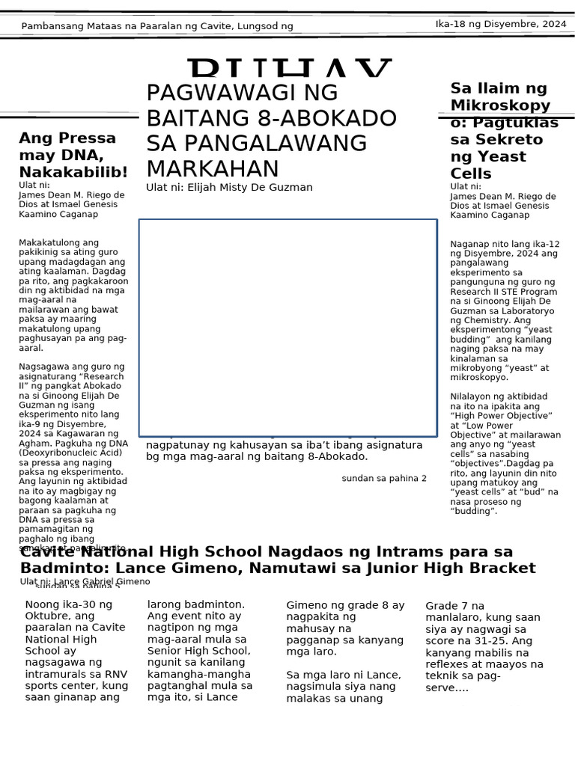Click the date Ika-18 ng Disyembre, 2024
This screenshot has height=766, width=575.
[x=501, y=24]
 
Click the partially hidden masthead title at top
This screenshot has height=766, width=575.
[x=290, y=69]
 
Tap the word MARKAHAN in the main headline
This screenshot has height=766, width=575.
[x=202, y=168]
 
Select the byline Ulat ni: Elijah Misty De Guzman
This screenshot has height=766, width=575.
[x=229, y=187]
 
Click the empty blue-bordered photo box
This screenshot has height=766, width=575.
[x=287, y=327]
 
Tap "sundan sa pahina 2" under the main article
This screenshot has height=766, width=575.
[x=384, y=478]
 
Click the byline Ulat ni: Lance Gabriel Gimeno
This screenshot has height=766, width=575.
[x=85, y=581]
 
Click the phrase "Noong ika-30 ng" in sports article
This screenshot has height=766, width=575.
[x=68, y=604]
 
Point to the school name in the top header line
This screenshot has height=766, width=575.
[x=156, y=26]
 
